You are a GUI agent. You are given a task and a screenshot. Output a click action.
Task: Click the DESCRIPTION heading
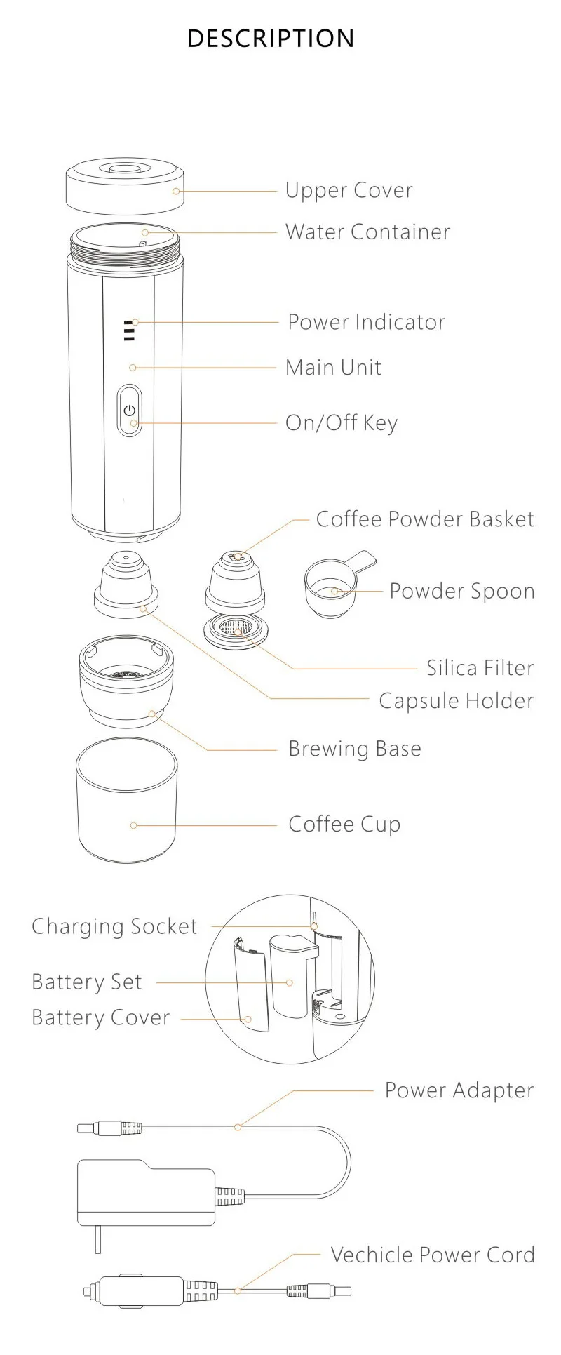(x=271, y=38)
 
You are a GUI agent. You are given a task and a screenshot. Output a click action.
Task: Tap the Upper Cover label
(x=349, y=190)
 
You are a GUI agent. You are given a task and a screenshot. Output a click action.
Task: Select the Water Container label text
(x=367, y=232)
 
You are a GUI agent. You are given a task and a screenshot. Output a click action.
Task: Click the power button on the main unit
(x=129, y=410)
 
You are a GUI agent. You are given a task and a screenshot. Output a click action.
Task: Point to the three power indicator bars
(x=128, y=331)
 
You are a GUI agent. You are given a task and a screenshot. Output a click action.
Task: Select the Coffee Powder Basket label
(x=424, y=519)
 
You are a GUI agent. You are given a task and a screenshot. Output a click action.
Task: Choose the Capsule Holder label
(x=456, y=700)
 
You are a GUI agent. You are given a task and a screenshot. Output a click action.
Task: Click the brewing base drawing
(x=126, y=684)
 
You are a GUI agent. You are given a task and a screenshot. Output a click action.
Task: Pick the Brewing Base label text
(x=355, y=749)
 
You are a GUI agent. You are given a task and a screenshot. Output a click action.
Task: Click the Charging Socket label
(x=114, y=926)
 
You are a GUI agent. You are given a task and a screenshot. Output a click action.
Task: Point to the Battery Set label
(x=87, y=982)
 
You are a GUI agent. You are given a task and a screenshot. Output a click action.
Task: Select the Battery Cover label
(x=101, y=1017)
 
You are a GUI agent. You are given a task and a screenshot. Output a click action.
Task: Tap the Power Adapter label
(x=459, y=1090)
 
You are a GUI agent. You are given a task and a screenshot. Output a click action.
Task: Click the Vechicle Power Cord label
(x=432, y=1255)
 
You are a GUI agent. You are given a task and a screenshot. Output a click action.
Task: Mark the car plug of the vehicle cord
(x=133, y=1290)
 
